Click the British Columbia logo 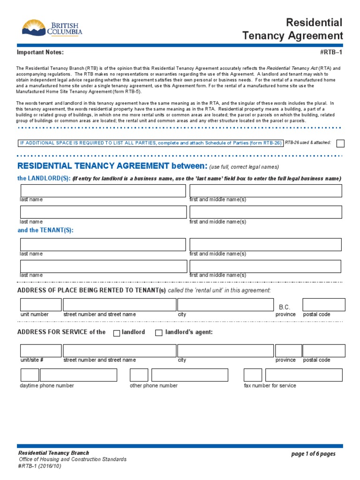52,28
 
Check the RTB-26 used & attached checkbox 341,143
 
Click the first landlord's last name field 103,191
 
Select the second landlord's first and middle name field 265,212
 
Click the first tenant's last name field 103,245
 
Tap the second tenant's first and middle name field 265,266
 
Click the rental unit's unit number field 40,305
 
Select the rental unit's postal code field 323,305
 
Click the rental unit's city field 225,305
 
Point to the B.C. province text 285,307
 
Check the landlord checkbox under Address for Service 117,333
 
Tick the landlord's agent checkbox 159,333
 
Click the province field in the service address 288,351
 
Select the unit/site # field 40,351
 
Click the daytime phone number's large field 78,375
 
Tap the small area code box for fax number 253,375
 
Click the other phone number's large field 190,375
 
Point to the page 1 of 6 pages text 313,454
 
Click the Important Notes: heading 40,52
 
